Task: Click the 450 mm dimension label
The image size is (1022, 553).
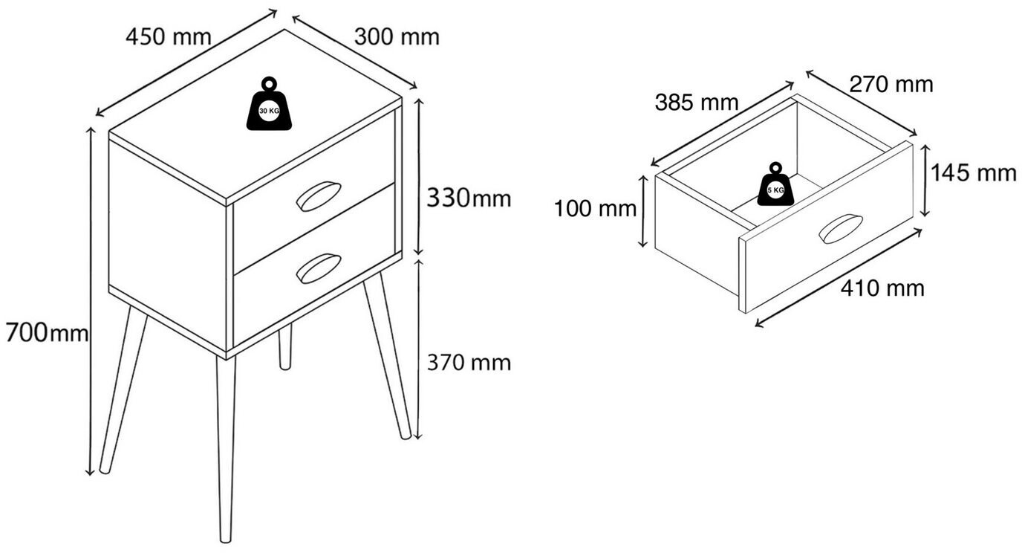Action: [x=168, y=36]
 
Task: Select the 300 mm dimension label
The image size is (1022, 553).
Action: [x=396, y=36]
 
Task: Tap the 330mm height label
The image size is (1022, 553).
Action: [x=468, y=198]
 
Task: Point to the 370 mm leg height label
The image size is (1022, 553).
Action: [x=468, y=363]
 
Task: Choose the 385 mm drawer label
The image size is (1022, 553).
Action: [x=696, y=103]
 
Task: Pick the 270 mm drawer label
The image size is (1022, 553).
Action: [x=891, y=85]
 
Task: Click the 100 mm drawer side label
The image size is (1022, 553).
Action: [x=595, y=209]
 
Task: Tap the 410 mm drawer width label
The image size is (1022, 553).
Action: [x=882, y=288]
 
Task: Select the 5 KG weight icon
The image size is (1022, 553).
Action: [x=775, y=185]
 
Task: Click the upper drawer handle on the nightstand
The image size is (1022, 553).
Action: [x=318, y=195]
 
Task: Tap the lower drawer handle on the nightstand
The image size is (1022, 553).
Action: [x=318, y=268]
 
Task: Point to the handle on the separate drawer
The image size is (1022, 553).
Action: [x=840, y=228]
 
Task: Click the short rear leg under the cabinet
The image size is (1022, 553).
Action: [x=284, y=350]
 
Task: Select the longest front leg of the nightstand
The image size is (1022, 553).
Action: [x=226, y=446]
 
